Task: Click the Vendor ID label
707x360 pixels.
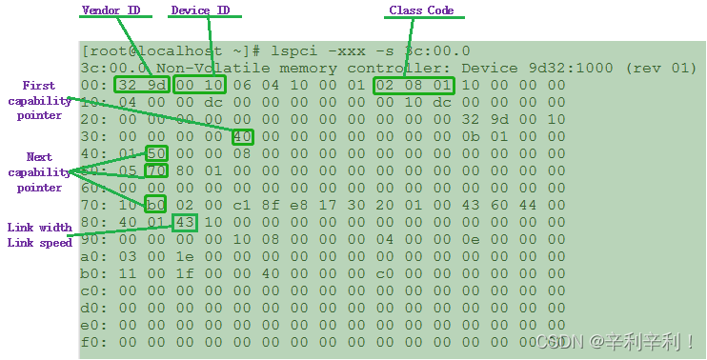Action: coord(111,10)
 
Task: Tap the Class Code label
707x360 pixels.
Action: coord(421,10)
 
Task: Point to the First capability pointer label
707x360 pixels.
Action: coord(39,100)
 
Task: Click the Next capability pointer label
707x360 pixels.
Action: coord(38,172)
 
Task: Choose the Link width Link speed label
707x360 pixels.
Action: coord(39,234)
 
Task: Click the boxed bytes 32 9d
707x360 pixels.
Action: coord(141,86)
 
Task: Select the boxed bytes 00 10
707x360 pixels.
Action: coord(198,86)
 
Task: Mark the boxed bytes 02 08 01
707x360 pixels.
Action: coord(414,86)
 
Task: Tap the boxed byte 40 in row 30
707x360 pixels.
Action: coord(242,137)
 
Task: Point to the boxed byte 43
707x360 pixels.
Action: coord(185,223)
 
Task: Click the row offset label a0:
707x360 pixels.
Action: coord(92,257)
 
